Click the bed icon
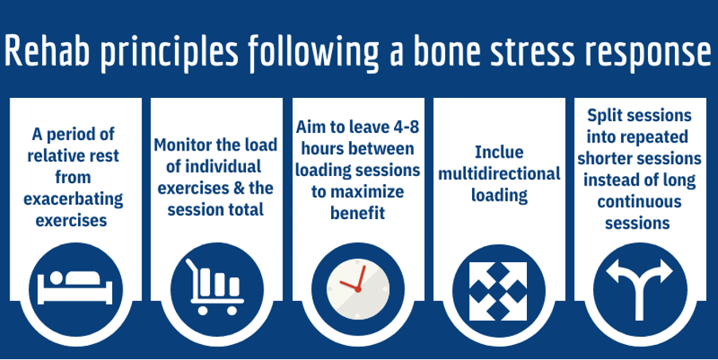75,288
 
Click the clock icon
357,288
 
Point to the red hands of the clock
355,280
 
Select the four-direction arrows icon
498,292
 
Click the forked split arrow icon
639,289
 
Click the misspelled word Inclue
499,152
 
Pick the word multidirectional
499,174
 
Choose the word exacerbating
73,200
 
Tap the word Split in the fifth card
604,115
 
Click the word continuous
638,202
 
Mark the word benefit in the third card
357,213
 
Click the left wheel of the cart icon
202,310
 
